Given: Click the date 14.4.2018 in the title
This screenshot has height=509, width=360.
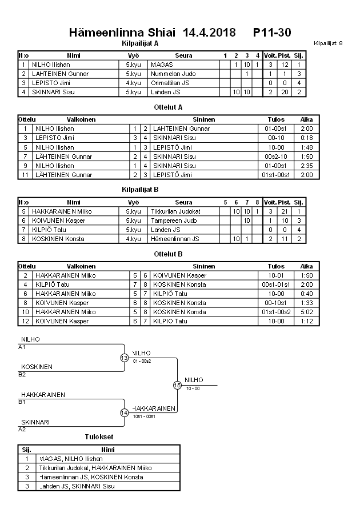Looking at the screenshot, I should (209, 33).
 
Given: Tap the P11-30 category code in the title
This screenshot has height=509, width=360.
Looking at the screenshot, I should (272, 33).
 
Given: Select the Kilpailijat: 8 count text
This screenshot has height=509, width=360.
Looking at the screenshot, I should (328, 43).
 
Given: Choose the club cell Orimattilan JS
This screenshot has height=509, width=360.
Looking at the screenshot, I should (170, 83).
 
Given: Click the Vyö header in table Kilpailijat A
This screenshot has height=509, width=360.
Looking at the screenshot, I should (133, 56).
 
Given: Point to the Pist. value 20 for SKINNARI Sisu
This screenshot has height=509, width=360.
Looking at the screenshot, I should (284, 92).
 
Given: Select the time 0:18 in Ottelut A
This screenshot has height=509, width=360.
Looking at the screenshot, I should (307, 138).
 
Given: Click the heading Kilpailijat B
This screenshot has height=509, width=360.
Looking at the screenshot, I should (140, 189).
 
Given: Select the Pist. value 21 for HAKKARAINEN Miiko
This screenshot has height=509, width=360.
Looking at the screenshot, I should (284, 211).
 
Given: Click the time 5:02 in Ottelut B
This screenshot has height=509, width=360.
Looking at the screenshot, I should (307, 312).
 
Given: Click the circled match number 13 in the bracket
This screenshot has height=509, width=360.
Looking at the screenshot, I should (124, 358).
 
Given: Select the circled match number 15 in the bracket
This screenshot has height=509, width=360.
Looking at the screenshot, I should (177, 386).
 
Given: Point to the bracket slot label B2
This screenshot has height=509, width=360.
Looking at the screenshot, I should (22, 375).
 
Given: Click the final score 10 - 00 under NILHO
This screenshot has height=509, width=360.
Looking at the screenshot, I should (192, 388).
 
